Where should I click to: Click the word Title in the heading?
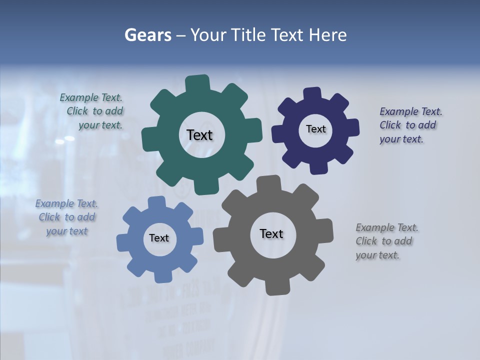[x=248, y=35]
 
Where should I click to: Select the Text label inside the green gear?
[x=199, y=135]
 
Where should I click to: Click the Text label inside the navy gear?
[x=315, y=129]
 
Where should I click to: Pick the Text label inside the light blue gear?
[x=159, y=238]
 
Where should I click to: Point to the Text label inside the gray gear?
[x=271, y=233]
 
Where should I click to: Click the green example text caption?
[x=92, y=111]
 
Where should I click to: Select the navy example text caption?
[x=410, y=125]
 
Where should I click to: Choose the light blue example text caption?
[x=67, y=217]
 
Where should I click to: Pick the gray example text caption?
[x=386, y=241]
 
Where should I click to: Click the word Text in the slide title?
[x=288, y=35]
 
